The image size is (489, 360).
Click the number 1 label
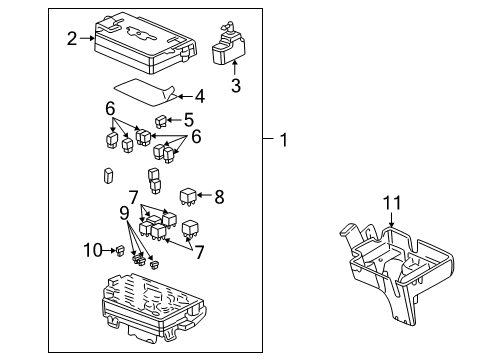[x=283, y=141]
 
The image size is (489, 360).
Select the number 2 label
[x=72, y=39]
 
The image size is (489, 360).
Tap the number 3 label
[x=235, y=87]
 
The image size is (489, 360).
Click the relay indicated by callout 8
[x=187, y=196]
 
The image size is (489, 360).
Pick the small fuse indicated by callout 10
[x=119, y=251]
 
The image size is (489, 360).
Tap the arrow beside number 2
[x=86, y=39]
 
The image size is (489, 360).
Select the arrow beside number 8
[x=204, y=195]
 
